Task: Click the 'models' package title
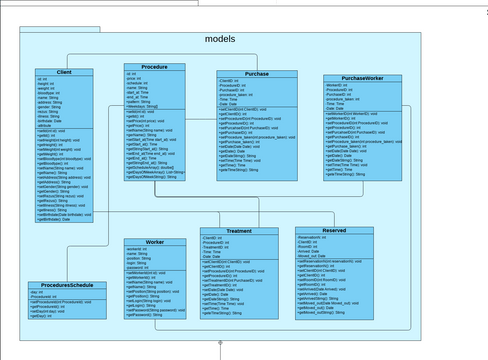219,39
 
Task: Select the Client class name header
64,72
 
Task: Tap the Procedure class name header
155,67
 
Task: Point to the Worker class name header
155,242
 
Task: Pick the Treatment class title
238,231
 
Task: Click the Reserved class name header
334,230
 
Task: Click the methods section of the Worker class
155,293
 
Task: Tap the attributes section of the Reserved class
334,247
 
